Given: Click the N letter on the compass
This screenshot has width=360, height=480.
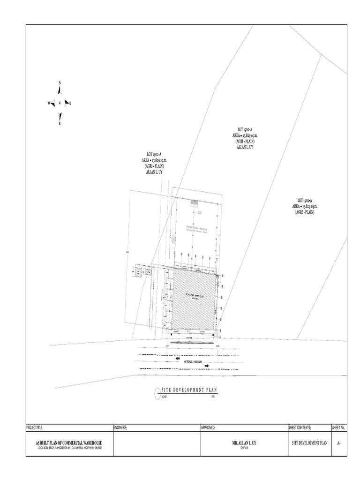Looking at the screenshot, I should tap(60, 83).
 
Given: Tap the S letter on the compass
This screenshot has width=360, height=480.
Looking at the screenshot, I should tap(60, 124).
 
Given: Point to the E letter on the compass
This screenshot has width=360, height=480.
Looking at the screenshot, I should tap(70, 104).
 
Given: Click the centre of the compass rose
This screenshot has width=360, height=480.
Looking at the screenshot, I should tap(60, 103).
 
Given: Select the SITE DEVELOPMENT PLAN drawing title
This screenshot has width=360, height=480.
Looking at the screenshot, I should tap(189, 390).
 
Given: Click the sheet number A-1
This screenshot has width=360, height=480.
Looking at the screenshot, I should tap(339, 442).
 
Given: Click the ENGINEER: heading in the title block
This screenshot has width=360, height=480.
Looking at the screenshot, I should tap(120, 427).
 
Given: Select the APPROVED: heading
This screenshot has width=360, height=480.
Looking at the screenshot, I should tap(208, 427).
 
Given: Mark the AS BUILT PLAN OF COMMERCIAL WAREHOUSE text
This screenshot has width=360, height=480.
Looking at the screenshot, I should tap(69, 442).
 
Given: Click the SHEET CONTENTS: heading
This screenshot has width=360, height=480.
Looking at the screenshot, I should tap(300, 427).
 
